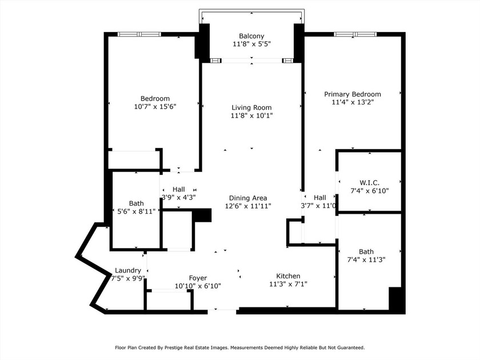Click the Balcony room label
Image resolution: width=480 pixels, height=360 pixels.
[251, 36]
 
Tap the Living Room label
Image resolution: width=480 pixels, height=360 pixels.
[251, 107]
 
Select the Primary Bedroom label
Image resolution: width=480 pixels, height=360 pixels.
[353, 94]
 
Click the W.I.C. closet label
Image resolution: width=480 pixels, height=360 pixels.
[369, 182]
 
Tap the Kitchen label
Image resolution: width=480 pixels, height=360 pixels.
[288, 276]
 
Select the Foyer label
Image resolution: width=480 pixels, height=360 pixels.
[198, 278]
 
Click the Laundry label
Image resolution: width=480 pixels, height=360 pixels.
[127, 270]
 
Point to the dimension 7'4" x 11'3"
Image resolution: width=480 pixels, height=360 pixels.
[366, 259]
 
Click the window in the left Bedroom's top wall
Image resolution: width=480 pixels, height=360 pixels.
[139, 34]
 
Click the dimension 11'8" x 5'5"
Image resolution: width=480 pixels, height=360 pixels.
[251, 44]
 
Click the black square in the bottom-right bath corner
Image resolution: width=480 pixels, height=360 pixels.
[397, 299]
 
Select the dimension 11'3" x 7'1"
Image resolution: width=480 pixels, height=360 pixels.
[288, 284]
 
